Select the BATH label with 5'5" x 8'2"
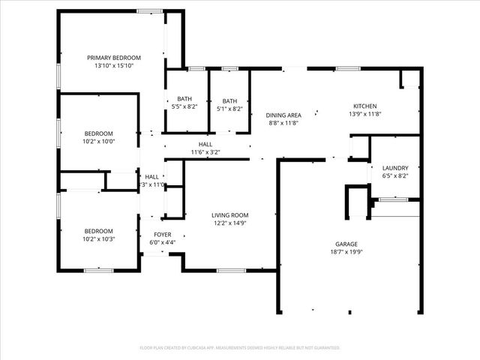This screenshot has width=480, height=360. [184, 99]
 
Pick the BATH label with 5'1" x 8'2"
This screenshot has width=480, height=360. [229, 100]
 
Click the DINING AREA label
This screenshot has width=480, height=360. [283, 114]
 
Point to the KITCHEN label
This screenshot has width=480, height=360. [365, 106]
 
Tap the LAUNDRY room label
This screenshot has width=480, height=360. [394, 167]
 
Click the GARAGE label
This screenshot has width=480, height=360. [346, 244]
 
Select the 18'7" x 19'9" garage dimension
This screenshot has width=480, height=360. [346, 252]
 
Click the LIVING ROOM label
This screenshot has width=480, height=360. [229, 214]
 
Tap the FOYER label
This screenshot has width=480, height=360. [162, 235]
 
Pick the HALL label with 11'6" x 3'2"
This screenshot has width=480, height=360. [205, 144]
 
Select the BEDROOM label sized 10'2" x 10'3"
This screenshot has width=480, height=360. [98, 231]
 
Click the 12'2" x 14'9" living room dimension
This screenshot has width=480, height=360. [229, 223]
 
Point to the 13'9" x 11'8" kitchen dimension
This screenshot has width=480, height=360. [365, 114]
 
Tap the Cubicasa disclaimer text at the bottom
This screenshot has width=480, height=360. [240, 348]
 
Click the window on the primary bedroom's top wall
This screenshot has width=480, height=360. [148, 10]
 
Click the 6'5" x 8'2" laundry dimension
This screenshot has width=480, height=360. [394, 175]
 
